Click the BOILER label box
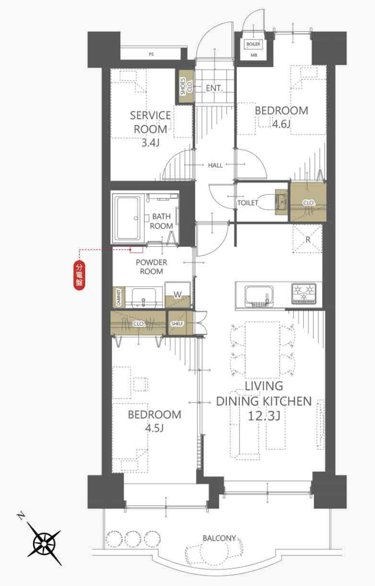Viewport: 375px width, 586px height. [253, 44]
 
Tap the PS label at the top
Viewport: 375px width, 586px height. [151, 54]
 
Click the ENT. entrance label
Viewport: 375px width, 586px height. [214, 88]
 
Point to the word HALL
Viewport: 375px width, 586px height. [215, 165]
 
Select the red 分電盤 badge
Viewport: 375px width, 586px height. [79, 275]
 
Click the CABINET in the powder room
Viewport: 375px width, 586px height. [119, 297]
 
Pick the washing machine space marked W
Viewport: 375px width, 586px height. [178, 294]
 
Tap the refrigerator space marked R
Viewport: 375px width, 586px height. [308, 239]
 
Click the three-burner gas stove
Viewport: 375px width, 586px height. [304, 294]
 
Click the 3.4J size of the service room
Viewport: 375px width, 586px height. [150, 143]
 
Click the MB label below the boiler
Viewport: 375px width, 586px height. [254, 55]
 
